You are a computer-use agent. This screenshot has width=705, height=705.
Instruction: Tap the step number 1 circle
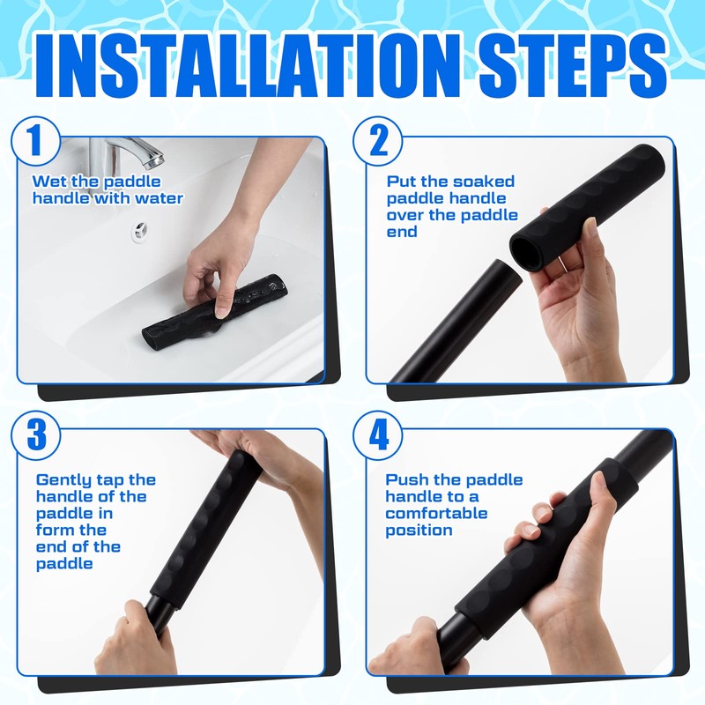36,141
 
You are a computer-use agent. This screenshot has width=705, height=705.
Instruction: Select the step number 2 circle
378,141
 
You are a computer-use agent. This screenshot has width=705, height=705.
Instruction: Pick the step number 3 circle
36,434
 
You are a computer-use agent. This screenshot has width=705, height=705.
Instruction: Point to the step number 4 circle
378,434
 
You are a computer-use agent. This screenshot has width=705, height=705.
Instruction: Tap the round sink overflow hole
140,231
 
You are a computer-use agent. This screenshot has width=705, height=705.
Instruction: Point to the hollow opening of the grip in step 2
526,253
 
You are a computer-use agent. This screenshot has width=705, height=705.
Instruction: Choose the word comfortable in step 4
436,514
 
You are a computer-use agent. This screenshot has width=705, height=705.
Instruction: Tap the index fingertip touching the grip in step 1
222,312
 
